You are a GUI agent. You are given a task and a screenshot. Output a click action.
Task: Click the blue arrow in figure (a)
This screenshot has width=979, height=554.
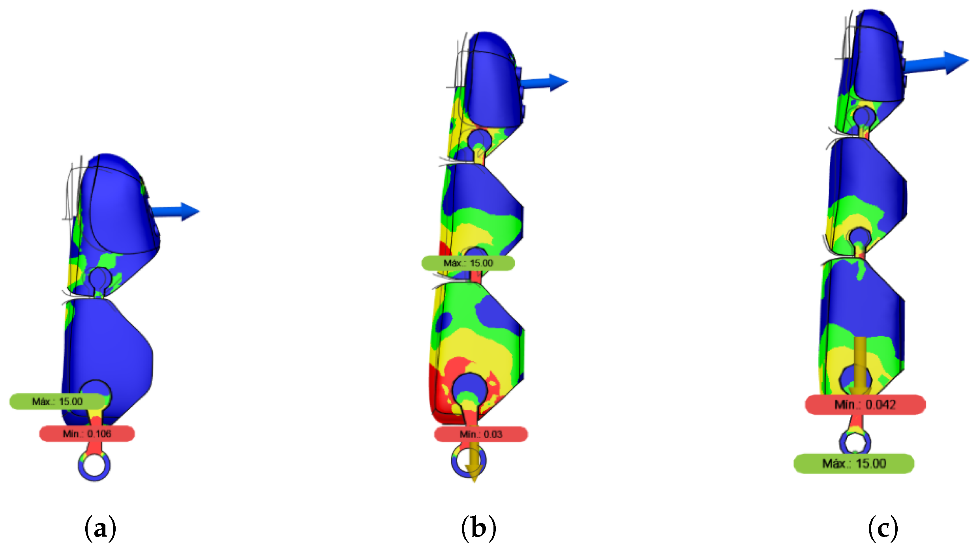pos(176,212)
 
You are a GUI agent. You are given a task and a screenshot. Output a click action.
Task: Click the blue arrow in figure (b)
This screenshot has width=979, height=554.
pos(545,83)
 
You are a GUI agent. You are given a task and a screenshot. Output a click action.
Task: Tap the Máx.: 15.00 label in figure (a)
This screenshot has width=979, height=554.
pos(57,402)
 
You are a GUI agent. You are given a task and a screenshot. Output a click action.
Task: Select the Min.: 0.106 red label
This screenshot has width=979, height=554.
pos(87,434)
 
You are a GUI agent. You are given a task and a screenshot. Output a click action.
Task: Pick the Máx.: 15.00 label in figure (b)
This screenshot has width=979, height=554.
pos(468,263)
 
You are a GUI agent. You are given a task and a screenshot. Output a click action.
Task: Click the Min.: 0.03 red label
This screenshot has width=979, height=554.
pos(481,434)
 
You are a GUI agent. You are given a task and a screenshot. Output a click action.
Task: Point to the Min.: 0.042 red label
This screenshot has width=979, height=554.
pos(865,405)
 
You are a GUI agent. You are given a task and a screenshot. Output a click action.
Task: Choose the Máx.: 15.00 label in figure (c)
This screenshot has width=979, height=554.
pos(854,464)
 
